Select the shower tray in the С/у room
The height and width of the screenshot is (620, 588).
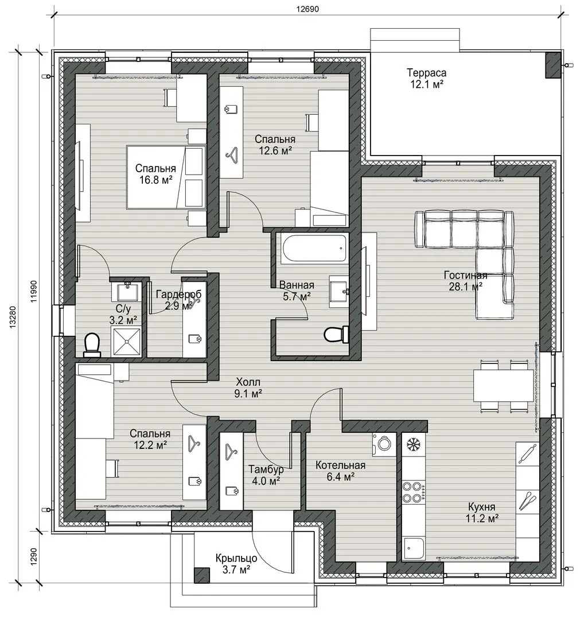click(127, 342)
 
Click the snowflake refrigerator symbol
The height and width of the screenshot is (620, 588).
click(414, 445)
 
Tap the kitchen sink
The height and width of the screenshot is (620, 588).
click(414, 549)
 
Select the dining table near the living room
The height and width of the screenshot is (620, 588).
click(504, 386)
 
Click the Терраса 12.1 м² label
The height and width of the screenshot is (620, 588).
click(427, 78)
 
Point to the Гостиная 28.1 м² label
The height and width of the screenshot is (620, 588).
click(465, 281)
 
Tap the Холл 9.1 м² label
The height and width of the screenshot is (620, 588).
click(248, 387)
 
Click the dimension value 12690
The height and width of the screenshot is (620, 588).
click(308, 9)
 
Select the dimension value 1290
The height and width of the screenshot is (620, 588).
click(33, 556)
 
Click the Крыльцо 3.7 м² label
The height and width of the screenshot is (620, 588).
click(236, 564)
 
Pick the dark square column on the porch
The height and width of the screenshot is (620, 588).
click(202, 575)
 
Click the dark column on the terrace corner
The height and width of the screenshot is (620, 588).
click(553, 65)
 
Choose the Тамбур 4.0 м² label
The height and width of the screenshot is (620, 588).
click(266, 475)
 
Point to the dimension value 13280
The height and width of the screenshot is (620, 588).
click(13, 317)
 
